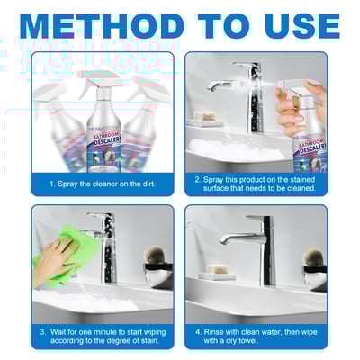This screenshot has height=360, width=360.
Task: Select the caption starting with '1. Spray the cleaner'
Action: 103,183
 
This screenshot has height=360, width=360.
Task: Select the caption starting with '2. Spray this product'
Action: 256,183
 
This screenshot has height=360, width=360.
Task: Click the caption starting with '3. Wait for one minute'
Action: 103,335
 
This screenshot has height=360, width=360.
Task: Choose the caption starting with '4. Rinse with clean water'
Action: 256,335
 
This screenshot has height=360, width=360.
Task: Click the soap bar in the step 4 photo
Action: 217,271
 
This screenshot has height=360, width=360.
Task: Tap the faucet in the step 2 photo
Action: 243,90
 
